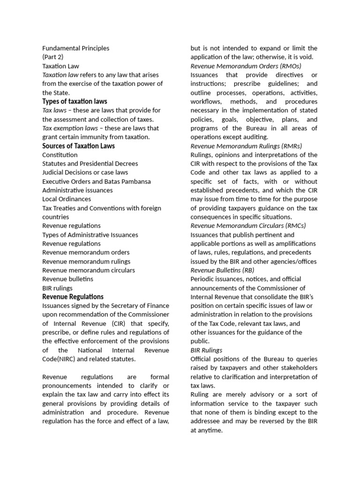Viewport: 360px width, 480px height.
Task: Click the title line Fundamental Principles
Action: (75, 48)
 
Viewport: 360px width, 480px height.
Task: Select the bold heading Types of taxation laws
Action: (75, 101)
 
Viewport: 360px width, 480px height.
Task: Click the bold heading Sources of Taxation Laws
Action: (78, 146)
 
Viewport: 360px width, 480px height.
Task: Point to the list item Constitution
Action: (60, 155)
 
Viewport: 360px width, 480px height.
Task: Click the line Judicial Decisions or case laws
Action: (85, 172)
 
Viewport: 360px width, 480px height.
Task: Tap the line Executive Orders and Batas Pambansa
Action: (96, 181)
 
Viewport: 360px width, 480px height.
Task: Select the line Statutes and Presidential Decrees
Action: (90, 164)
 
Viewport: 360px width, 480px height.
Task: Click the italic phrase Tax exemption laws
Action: (70, 128)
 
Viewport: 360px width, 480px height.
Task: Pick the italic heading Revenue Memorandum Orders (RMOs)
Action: (246, 66)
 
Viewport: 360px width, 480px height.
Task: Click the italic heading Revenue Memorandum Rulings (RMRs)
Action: (246, 146)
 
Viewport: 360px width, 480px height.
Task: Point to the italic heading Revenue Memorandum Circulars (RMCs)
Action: (248, 225)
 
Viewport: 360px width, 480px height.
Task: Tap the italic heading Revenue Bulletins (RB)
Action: (222, 270)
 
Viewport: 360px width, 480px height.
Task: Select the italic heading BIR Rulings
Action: (206, 350)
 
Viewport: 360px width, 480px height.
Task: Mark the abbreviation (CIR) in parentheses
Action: (120, 323)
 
